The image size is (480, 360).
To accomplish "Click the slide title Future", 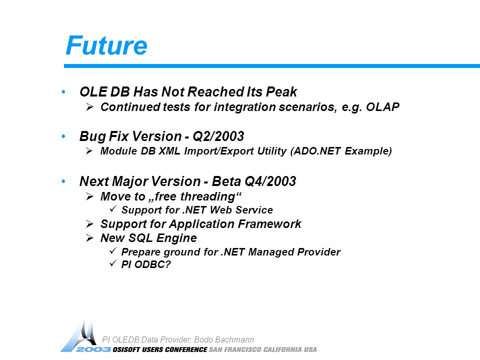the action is click(106, 45).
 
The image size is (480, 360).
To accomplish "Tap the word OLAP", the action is click(382, 107).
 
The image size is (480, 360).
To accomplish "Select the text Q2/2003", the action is click(218, 136).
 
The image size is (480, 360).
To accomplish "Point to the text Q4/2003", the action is click(270, 181).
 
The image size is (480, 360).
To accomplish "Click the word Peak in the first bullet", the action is click(281, 91).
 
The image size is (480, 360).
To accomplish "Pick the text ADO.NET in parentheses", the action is click(317, 151).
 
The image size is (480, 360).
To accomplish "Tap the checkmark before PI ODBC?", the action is click(113, 263).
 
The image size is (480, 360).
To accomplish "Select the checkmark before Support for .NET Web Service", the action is click(113, 209).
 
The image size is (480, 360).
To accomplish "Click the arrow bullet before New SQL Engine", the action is click(89, 238).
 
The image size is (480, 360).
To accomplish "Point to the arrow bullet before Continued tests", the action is click(89, 107).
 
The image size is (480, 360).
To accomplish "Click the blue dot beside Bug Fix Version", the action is click(63, 136).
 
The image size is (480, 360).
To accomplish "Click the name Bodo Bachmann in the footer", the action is click(224, 339).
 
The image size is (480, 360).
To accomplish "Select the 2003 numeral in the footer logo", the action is click(93, 349).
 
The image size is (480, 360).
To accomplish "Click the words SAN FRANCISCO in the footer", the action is click(235, 349).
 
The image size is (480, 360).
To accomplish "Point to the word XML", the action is click(169, 151).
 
